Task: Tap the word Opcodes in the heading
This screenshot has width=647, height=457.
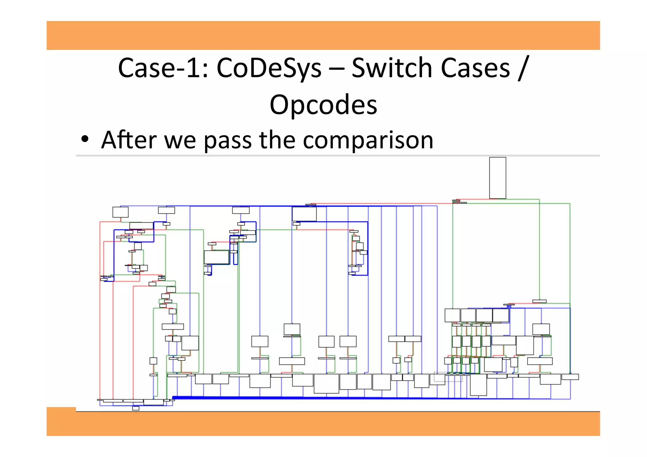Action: coord(323,105)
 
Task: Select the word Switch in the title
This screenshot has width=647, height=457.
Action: coord(392,68)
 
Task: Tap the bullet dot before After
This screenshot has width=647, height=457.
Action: coord(84,140)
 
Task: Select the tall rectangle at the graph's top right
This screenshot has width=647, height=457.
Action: coord(498,178)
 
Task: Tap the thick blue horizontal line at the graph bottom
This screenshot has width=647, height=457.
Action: coord(316,398)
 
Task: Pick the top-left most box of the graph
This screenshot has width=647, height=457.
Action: coord(120,212)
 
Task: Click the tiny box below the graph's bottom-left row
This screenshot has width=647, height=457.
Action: coord(136,408)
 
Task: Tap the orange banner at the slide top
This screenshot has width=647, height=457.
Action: coord(323,35)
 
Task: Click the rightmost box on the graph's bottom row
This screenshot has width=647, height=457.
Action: coord(570,377)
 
